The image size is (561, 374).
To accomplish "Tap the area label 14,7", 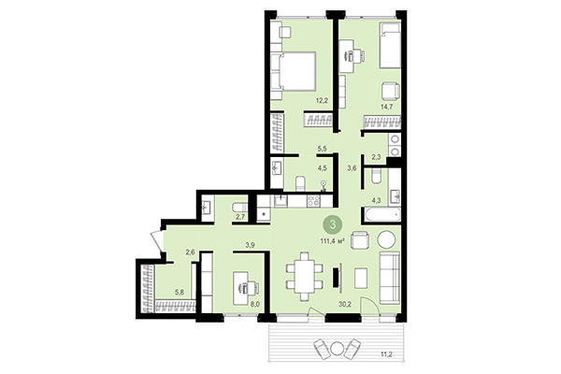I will (x=385, y=108).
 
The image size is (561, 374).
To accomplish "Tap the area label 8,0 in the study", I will (x=253, y=303).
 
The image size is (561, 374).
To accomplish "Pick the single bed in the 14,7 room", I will (x=389, y=47).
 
